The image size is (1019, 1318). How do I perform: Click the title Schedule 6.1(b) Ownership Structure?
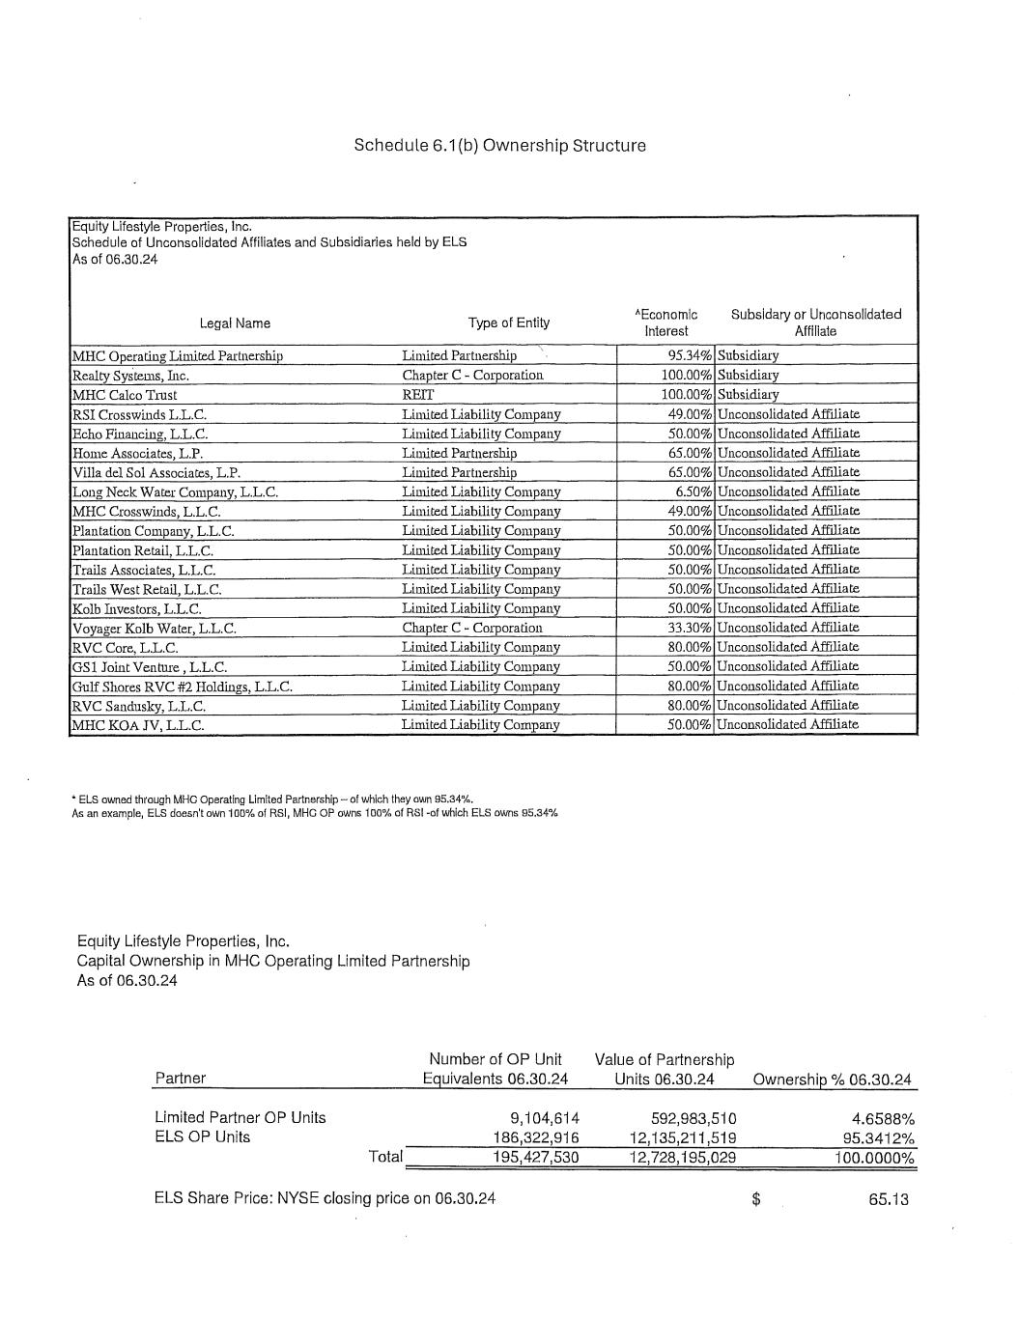(499, 146)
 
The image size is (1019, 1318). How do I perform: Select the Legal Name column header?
(235, 323)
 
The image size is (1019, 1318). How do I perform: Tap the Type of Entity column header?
(508, 322)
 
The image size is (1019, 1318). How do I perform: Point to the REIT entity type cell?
(417, 394)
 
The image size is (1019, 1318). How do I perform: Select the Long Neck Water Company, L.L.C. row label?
(175, 491)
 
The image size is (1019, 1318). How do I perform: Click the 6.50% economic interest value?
(693, 491)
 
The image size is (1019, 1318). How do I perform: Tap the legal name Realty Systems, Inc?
(130, 376)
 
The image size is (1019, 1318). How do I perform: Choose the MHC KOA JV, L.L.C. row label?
(138, 725)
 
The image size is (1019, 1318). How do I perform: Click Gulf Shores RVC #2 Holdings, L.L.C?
(183, 687)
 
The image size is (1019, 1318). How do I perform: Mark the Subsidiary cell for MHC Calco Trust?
(748, 394)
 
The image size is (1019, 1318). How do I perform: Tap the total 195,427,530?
(535, 1157)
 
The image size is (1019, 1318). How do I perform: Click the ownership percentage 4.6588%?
(883, 1118)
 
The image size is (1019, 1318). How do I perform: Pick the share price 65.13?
(889, 1200)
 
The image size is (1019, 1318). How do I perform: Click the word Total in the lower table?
(385, 1156)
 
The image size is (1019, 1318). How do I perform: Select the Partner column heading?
(180, 1079)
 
